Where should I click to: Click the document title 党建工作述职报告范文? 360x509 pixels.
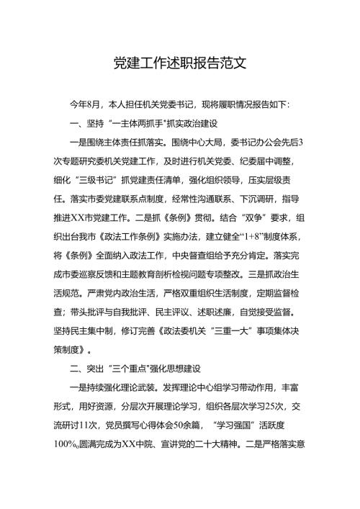pos(180,63)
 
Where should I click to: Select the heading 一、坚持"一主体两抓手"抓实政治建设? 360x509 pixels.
pos(137,123)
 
